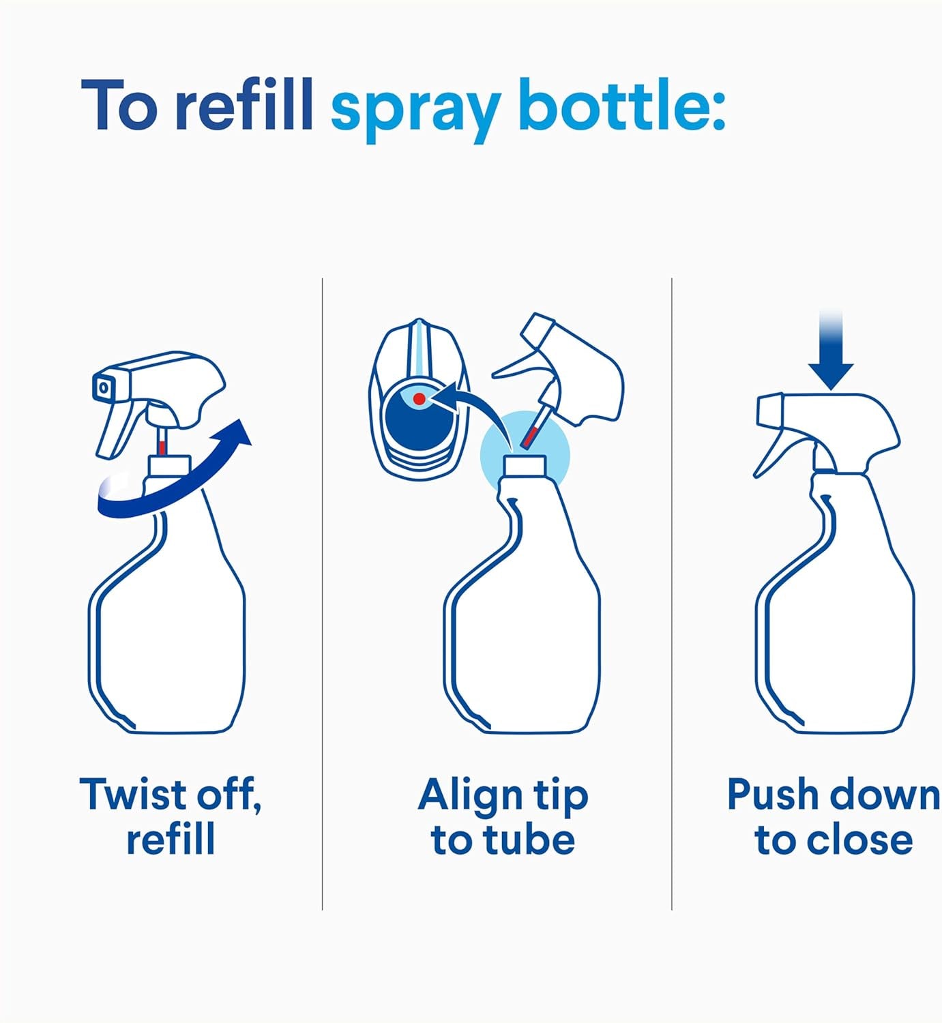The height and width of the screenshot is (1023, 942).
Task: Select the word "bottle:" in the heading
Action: click(622, 105)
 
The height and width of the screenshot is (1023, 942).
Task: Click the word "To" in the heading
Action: click(119, 106)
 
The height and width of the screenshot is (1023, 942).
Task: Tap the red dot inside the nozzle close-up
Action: click(419, 399)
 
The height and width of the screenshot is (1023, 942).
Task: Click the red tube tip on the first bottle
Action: click(162, 447)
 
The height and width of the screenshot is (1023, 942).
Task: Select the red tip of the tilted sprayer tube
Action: click(531, 436)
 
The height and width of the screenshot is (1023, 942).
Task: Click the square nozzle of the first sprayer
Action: click(104, 387)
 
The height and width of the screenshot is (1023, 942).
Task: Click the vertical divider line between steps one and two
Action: click(322, 593)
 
